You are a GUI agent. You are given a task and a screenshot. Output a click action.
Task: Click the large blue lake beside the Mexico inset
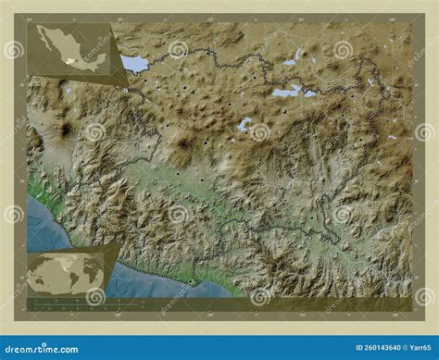click(135, 64)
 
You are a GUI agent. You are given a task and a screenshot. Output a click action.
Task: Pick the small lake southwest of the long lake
click(245, 123)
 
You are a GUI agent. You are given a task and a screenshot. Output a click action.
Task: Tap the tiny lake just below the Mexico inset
click(68, 91)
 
